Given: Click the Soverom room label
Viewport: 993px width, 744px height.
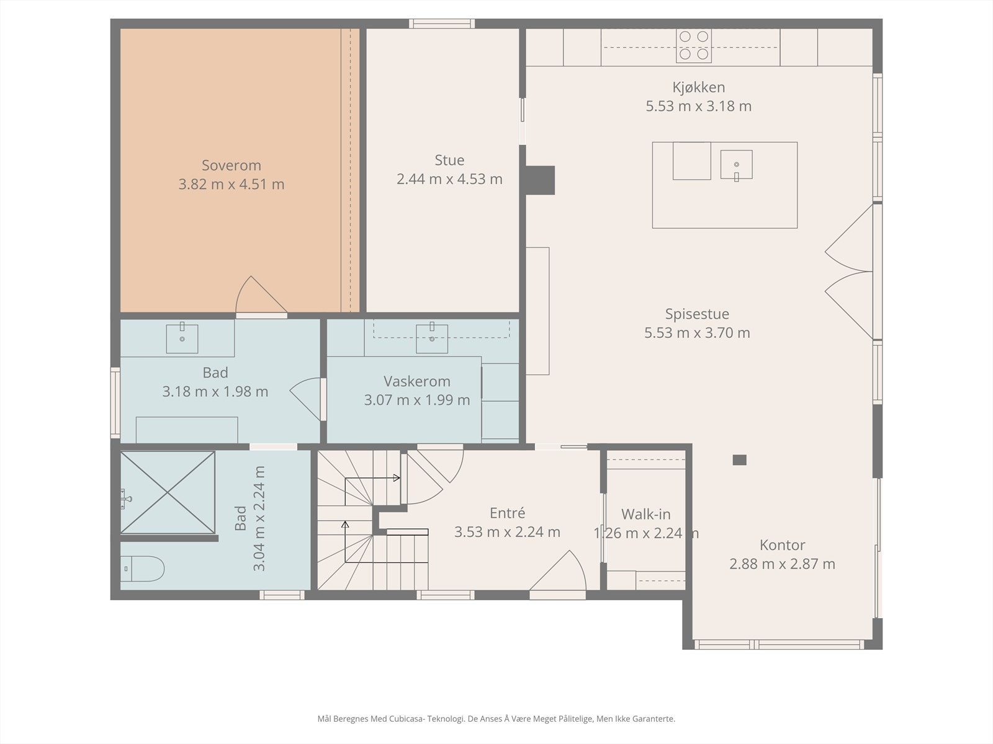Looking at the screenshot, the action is click(231, 166).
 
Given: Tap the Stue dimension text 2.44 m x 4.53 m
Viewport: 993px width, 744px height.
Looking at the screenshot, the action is click(449, 179).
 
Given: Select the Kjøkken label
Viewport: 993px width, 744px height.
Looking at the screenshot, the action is click(698, 87).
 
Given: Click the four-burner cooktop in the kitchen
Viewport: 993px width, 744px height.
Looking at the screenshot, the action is click(693, 46).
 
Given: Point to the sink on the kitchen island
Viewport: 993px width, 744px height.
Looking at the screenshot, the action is click(737, 165).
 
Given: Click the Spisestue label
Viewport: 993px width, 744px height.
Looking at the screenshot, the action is click(697, 314).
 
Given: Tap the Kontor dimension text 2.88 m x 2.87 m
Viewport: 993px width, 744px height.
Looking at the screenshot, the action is click(782, 564).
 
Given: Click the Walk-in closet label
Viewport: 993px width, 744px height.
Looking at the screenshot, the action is click(645, 514).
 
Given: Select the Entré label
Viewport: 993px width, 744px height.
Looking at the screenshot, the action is click(507, 513).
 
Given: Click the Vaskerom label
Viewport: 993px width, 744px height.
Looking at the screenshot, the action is click(416, 381).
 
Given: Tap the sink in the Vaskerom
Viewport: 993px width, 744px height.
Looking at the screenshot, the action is click(432, 338).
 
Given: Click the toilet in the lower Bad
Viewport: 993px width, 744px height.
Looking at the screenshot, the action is click(142, 569).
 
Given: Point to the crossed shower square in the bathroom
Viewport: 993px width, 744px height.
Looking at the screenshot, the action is click(168, 492).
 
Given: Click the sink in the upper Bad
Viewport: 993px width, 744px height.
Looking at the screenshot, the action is click(182, 338).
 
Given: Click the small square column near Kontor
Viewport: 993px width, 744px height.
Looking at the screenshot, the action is click(739, 460).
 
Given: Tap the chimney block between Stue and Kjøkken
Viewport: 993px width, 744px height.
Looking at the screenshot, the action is click(540, 180).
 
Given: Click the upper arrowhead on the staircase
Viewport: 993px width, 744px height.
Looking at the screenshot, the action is click(397, 478).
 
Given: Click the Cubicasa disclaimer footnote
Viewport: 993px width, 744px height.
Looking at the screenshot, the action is click(496, 719).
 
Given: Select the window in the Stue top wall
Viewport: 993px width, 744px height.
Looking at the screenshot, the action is click(442, 24).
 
